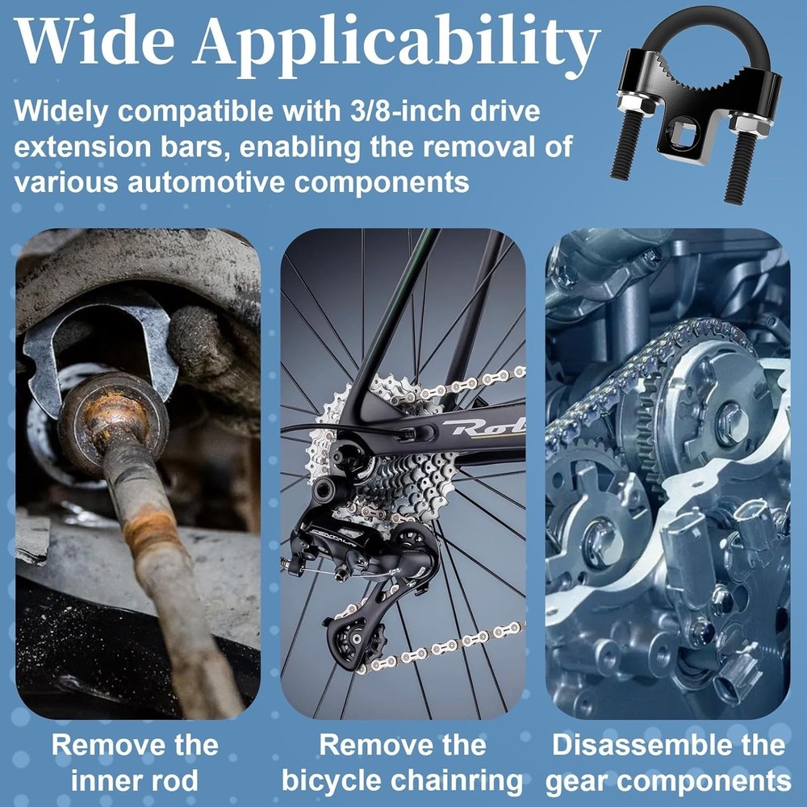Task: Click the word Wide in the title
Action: [94, 41]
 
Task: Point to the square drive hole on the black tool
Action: [684, 139]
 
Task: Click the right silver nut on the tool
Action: [747, 123]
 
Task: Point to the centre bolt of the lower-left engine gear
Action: [602, 541]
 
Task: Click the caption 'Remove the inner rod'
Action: [135, 763]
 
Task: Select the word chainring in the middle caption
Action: [448, 781]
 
